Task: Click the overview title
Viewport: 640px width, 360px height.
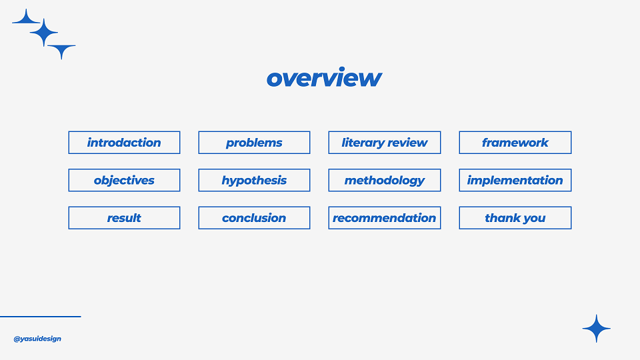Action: coord(324,77)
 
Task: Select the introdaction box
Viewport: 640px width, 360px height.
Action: coord(124,143)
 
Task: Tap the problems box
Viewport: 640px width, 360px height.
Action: coord(254,143)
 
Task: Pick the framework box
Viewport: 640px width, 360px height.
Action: coord(515,143)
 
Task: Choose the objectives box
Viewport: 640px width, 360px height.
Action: coord(124,180)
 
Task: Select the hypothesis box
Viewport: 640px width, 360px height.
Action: coord(254,180)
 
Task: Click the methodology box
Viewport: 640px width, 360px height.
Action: coord(385,180)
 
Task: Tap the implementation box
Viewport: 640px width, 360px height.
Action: coord(515,180)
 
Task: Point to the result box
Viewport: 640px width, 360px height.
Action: coord(124,217)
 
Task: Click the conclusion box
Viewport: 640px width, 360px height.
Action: coord(254,217)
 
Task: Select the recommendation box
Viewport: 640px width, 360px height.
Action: coord(385,217)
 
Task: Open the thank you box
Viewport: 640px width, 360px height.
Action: coord(515,217)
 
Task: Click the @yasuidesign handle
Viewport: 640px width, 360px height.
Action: coord(37,339)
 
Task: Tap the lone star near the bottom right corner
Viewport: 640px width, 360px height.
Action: coord(596,328)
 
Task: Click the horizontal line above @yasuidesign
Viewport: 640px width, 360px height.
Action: coord(41,316)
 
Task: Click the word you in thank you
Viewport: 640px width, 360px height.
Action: coord(534,219)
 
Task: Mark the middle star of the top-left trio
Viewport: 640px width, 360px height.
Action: coord(44,32)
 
